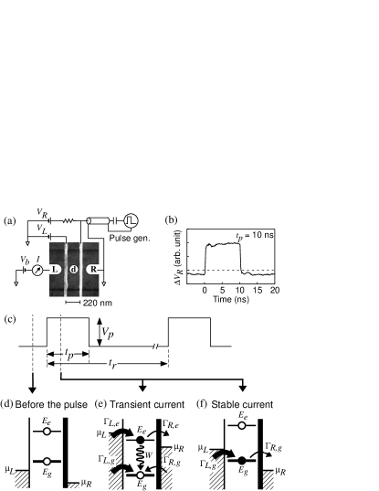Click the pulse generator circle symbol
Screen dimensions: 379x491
[131, 220]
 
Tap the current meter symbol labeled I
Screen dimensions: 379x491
[37, 270]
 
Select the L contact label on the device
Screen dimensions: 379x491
[55, 270]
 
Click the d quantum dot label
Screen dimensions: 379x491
[73, 270]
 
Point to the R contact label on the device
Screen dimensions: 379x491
[93, 270]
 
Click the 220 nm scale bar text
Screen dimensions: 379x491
[97, 303]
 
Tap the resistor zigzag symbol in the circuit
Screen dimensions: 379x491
[68, 221]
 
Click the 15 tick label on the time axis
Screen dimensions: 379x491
[258, 290]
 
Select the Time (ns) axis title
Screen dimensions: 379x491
[231, 299]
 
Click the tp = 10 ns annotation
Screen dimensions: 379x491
[255, 236]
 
